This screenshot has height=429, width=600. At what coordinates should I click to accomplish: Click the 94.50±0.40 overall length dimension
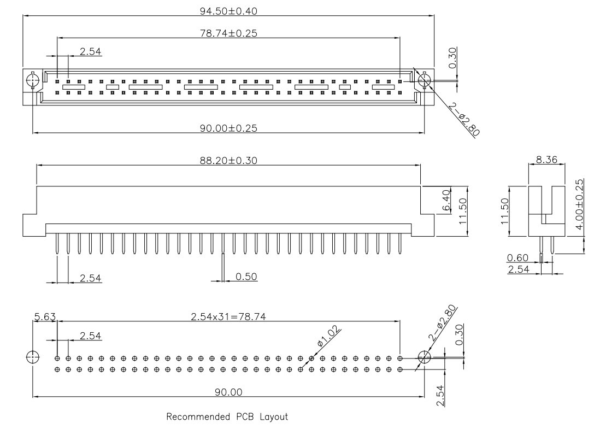coord(228,10)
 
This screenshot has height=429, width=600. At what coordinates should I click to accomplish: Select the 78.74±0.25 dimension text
coord(228,32)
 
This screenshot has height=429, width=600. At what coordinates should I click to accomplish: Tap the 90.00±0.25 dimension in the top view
coord(228,128)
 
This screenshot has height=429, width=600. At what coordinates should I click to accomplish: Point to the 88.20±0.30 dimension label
coord(228,160)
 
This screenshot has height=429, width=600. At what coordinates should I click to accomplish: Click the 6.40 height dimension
coord(446,202)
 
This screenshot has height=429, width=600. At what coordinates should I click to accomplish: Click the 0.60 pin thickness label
coord(517,257)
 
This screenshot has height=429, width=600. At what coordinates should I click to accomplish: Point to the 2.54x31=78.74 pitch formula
coord(228,316)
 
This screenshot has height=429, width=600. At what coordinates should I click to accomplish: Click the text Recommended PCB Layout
coord(227,417)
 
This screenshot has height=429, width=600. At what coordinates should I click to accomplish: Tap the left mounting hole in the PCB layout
coord(32,358)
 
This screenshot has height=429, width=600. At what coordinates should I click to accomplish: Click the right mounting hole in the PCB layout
coord(425,358)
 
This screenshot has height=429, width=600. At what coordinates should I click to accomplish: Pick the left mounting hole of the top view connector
coord(32,81)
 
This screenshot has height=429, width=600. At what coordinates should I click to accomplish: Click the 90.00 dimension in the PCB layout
coord(228,392)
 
